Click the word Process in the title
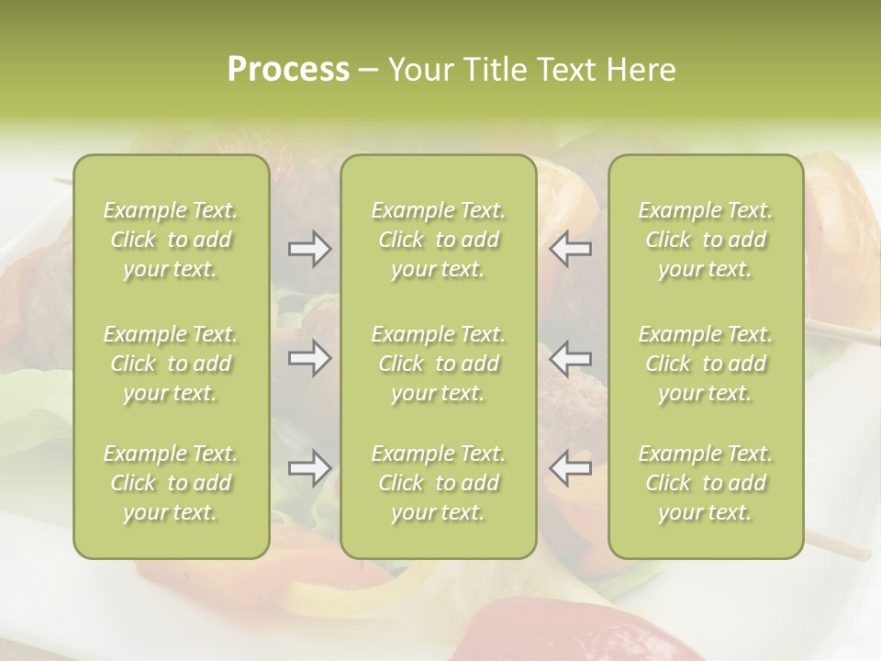pos(288,70)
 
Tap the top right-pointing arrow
pos(309,249)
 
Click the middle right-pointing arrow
pos(309,357)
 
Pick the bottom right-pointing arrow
pos(309,468)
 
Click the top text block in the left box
pos(171,240)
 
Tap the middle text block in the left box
pos(171,364)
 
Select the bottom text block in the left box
pos(171,483)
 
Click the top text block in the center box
pos(439,240)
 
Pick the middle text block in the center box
pos(439,364)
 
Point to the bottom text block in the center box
pos(439,483)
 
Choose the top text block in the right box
pos(706,240)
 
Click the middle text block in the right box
pos(706,364)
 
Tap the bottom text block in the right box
pos(706,483)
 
